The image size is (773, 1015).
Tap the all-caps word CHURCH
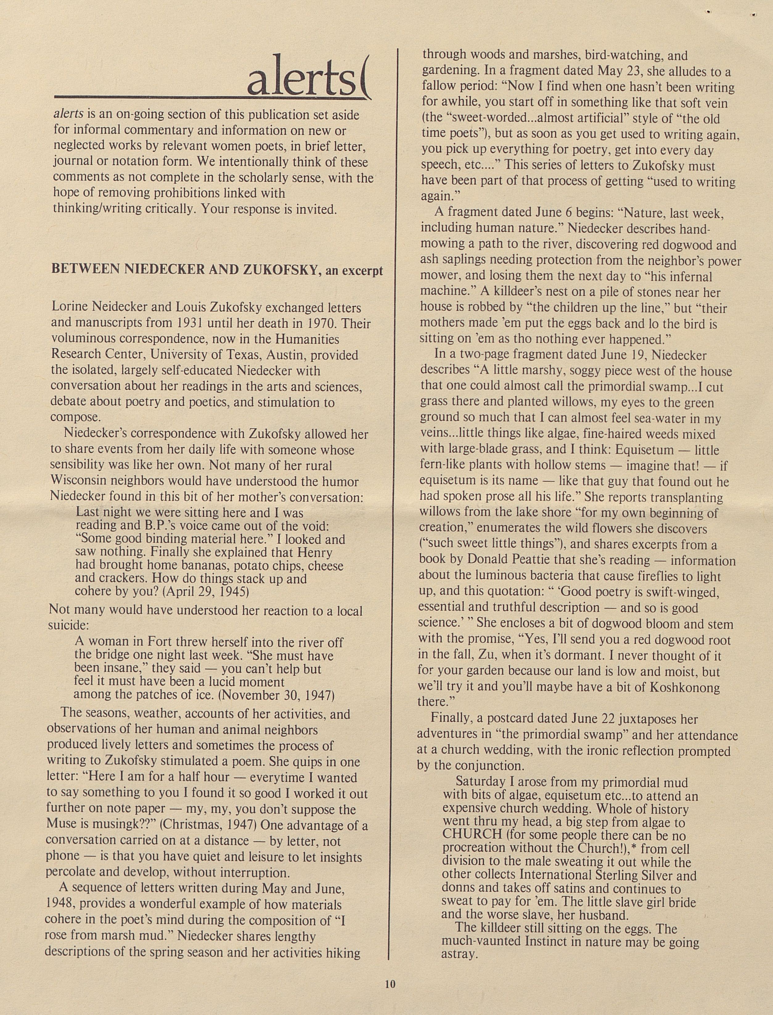point(472,835)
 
